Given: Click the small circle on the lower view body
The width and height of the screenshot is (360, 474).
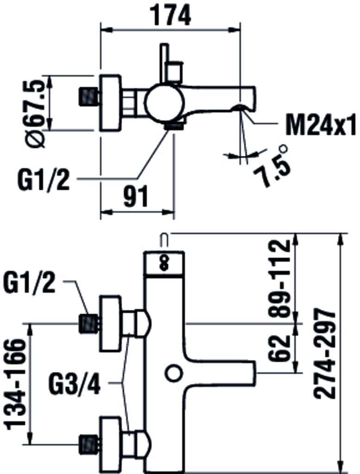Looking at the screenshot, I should (x=174, y=373).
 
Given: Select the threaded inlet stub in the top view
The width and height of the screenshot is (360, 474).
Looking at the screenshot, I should (x=89, y=96).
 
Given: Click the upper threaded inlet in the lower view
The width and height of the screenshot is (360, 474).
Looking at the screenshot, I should (x=89, y=323).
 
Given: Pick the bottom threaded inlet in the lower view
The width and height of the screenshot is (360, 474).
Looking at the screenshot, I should (x=89, y=444).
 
